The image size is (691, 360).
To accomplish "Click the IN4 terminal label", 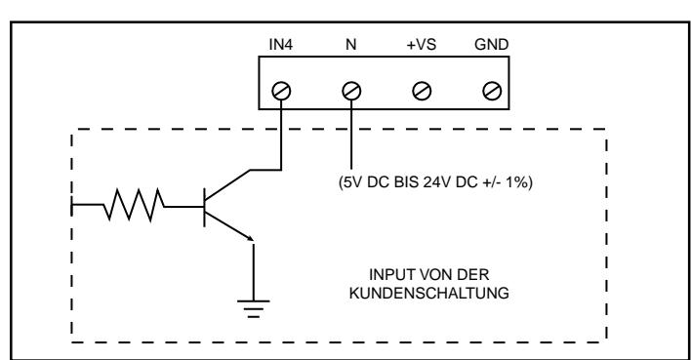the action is point(281,45).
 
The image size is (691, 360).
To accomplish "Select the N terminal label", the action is point(350,45).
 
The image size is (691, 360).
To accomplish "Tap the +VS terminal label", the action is point(422,45).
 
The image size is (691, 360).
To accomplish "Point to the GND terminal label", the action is point(491,45).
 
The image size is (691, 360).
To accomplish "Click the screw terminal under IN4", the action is point(281,91).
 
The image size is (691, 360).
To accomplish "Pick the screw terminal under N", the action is point(351,91).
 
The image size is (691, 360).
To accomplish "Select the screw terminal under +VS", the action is point(422,91).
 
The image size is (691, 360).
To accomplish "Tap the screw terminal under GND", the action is point(492,91).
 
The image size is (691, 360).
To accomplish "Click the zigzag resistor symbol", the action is point(135,205).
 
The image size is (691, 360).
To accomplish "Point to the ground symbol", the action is point(254,308).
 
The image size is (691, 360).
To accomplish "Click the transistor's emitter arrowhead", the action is point(250,238).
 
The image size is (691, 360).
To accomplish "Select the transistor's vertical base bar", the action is point(205,207).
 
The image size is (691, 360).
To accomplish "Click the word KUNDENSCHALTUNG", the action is point(428,294).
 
